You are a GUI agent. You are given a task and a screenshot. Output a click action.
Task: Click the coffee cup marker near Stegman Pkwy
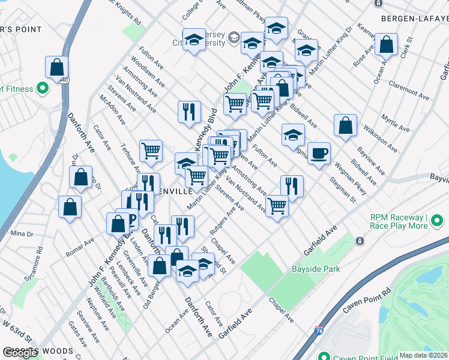(x=319, y=154)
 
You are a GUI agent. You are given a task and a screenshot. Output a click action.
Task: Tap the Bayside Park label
(x=316, y=269)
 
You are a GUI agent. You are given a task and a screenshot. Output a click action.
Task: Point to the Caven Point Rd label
(x=367, y=300)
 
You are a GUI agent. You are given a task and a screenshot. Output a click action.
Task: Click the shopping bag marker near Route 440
(x=57, y=68)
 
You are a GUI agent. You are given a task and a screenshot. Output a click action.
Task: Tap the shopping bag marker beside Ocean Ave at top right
(x=387, y=45)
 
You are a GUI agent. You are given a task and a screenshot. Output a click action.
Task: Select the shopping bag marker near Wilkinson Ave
(x=345, y=126)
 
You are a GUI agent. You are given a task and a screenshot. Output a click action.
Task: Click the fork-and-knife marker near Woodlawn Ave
(x=188, y=112)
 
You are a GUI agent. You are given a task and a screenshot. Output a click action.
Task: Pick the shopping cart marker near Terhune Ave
(x=151, y=151)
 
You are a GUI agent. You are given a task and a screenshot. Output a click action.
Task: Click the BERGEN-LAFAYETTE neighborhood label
(x=414, y=19)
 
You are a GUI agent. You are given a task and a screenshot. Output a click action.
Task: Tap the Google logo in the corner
(x=20, y=353)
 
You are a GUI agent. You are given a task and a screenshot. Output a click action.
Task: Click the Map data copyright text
(x=424, y=355)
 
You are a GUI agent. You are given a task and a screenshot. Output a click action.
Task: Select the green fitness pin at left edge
(x=42, y=89)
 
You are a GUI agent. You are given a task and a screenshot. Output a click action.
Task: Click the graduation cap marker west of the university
(x=194, y=40)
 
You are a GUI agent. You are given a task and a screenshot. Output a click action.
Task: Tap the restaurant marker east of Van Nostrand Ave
(x=292, y=186)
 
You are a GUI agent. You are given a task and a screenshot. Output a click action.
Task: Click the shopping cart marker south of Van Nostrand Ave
(x=277, y=206)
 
